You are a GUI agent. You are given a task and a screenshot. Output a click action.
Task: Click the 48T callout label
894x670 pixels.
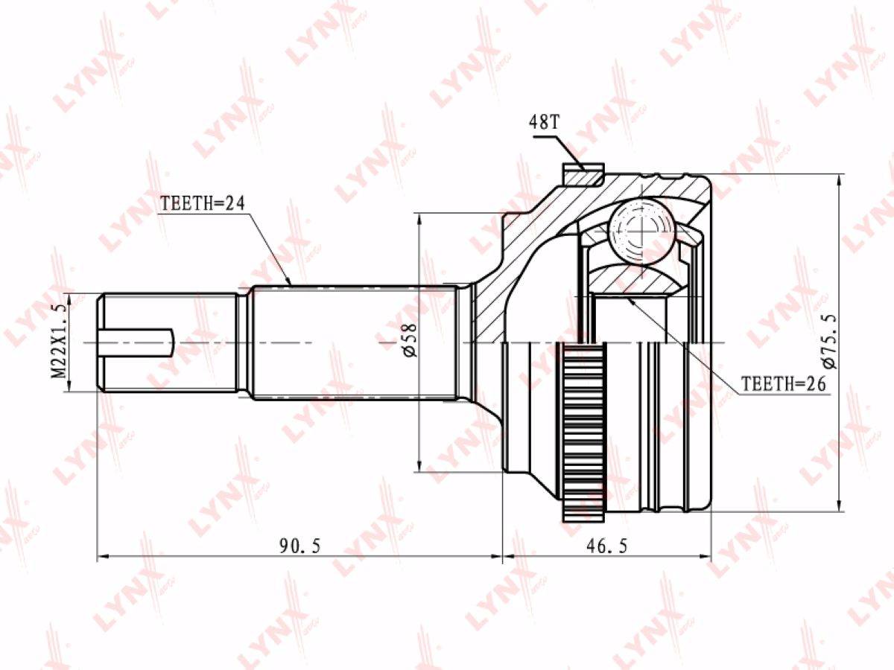click(x=544, y=121)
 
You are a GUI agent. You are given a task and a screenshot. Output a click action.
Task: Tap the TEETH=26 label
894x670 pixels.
click(x=783, y=383)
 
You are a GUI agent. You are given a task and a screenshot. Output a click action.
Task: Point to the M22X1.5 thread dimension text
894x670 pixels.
click(x=58, y=342)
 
